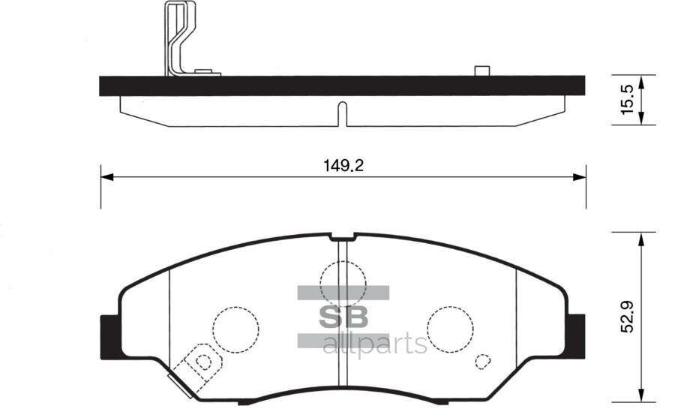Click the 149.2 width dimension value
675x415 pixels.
(x=343, y=167)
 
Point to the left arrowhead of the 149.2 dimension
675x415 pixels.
(x=106, y=177)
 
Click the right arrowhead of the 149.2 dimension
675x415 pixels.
(x=580, y=177)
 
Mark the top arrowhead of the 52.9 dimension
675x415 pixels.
(x=641, y=238)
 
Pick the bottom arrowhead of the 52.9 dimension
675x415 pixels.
(x=641, y=394)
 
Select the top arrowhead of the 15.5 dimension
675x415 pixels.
(x=642, y=80)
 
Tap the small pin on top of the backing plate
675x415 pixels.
(x=481, y=71)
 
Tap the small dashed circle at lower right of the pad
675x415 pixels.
(x=482, y=361)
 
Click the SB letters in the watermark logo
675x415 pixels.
(x=344, y=316)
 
